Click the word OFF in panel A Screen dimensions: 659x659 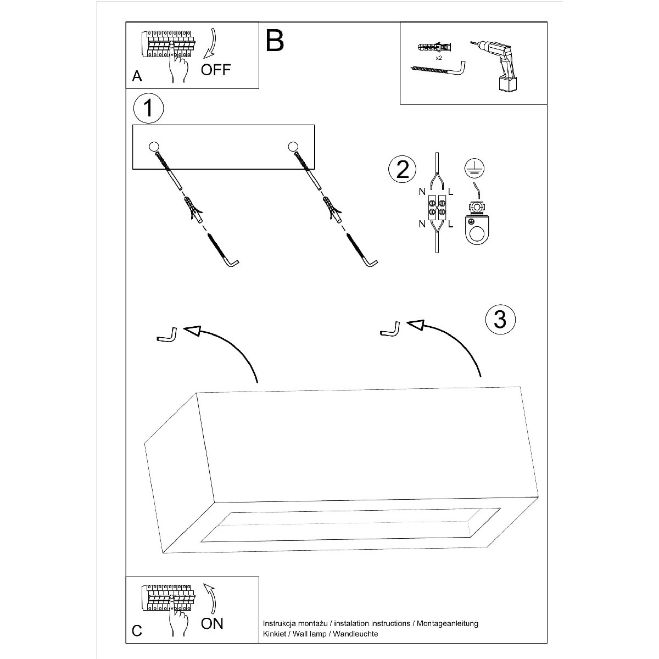coord(216,70)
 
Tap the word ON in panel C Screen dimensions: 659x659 coord(213,623)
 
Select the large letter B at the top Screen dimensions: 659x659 coord(275,40)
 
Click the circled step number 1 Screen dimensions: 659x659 coord(148,108)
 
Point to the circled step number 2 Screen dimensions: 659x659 coord(403,169)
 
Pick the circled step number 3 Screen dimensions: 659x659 coord(500,319)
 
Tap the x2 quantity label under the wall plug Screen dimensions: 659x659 coord(439,58)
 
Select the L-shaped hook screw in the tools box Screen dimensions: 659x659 coord(438,69)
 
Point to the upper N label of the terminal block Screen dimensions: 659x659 coord(422,192)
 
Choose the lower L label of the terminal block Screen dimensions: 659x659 coord(451,224)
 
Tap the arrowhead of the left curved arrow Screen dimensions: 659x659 coord(192,329)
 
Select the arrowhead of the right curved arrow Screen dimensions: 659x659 coord(416,326)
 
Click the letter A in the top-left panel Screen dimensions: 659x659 coord(137,76)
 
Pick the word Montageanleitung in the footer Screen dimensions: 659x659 coord(448,623)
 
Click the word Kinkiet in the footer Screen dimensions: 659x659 coord(275,634)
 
